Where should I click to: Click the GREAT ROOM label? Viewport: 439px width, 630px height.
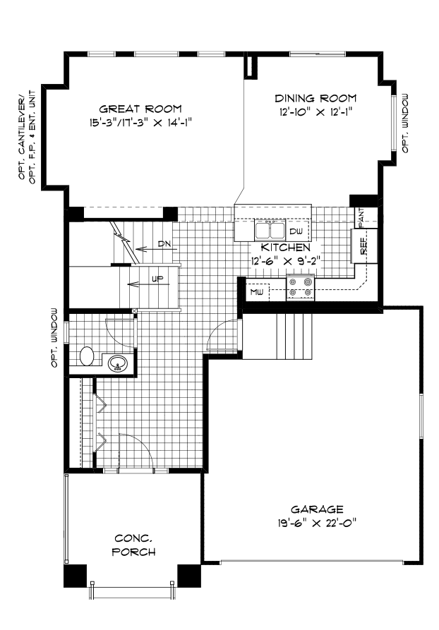tap(140, 109)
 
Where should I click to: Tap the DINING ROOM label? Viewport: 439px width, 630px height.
tap(315, 98)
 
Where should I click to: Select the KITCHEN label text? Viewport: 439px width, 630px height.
tap(285, 248)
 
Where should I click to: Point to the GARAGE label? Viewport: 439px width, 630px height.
tap(317, 509)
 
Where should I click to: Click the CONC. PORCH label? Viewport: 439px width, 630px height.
tap(133, 545)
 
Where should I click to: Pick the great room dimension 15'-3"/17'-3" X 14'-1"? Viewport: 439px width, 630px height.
tap(140, 122)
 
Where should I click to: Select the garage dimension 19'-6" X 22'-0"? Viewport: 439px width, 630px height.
tap(317, 523)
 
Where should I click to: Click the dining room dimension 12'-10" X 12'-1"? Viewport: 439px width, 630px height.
tap(315, 111)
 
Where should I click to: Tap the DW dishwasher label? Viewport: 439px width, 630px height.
tap(296, 231)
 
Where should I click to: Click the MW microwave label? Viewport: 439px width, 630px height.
tap(255, 291)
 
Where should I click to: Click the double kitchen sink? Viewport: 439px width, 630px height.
tap(269, 231)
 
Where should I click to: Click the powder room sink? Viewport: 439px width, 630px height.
tap(118, 364)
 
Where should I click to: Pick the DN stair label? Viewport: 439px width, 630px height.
tap(164, 244)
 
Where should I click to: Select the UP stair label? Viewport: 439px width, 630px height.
tap(158, 279)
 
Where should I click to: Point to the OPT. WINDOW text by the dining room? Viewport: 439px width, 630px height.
tap(405, 123)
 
